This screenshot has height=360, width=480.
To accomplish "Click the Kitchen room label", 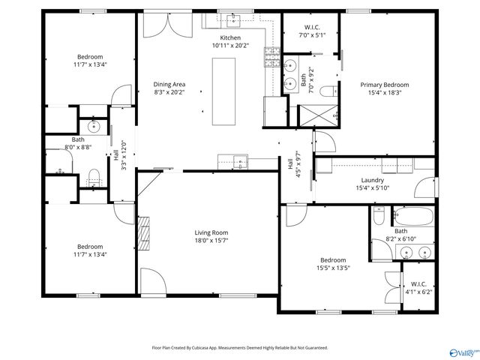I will tap(230, 37).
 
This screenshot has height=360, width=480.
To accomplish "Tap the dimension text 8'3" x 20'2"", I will tap(169, 92).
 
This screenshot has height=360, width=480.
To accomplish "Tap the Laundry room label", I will tap(372, 180).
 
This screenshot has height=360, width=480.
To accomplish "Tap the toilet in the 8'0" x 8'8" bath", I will tap(94, 177).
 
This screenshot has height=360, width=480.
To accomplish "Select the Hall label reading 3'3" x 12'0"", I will tap(116, 157).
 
